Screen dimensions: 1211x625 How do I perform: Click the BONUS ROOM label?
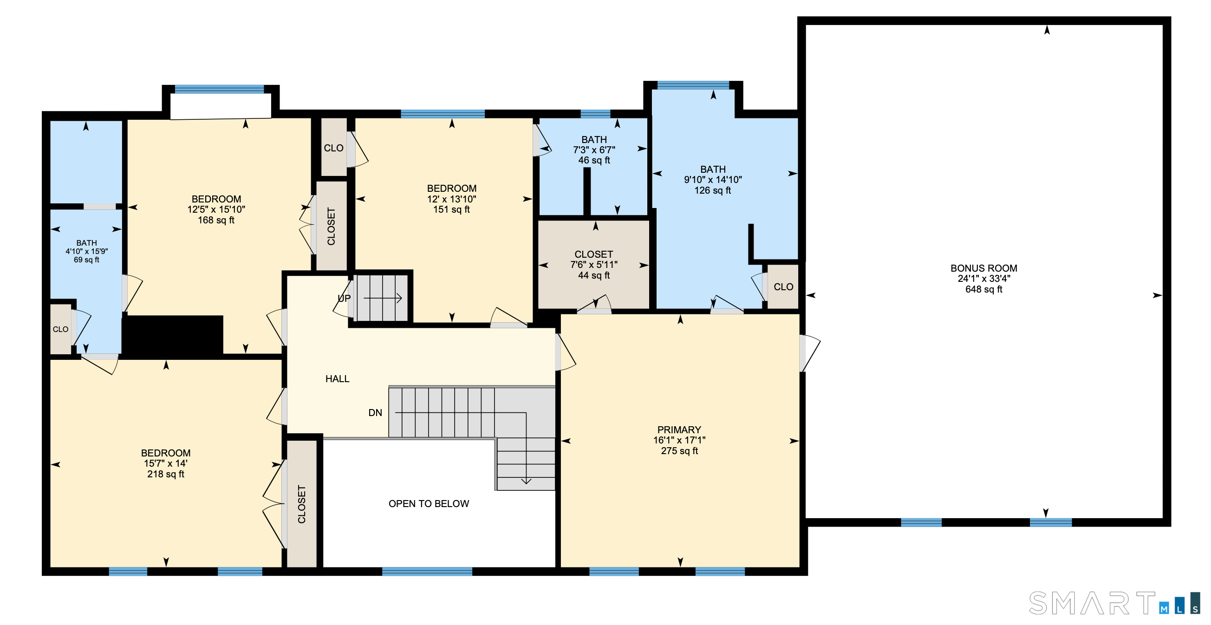tap(983, 268)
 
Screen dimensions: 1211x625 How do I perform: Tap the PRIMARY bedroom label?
tap(679, 430)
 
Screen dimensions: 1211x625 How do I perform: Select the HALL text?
tap(337, 378)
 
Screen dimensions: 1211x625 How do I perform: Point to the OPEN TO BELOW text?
tap(429, 504)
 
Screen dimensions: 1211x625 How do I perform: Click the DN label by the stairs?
tap(375, 413)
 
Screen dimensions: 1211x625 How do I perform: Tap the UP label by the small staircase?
tap(344, 298)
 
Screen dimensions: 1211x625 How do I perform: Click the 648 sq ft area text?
tap(983, 289)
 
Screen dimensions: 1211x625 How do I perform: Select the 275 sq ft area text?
tap(679, 450)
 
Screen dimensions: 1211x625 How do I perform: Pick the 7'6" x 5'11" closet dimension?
tap(594, 265)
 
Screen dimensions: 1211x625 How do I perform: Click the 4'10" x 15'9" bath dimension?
tap(86, 252)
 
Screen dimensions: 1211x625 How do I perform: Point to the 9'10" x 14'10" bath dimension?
tap(713, 180)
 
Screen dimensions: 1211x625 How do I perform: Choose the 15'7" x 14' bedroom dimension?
tap(165, 463)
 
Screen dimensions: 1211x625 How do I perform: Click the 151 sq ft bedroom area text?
tap(451, 209)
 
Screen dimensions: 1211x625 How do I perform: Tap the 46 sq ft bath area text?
tap(594, 160)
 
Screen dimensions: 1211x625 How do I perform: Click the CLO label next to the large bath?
tap(783, 287)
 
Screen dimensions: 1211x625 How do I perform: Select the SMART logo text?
tap(1092, 603)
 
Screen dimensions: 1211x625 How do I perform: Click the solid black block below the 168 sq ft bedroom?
tap(172, 334)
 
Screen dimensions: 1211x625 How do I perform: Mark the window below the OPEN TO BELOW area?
tap(427, 572)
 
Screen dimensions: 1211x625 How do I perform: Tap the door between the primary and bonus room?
tap(809, 353)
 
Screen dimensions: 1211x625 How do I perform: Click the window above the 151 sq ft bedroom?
tap(443, 114)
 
